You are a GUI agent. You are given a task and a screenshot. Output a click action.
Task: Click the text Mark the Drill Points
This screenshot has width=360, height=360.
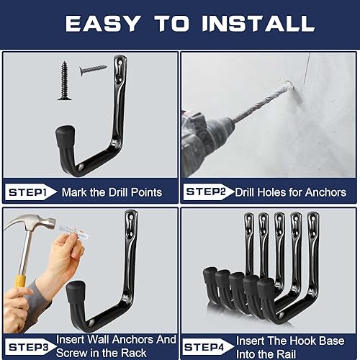[x=112, y=192]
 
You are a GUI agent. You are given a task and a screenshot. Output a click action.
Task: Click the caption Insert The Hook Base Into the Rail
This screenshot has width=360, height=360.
[x=290, y=345]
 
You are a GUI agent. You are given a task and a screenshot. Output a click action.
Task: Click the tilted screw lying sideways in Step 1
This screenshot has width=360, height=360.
[x=93, y=70]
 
